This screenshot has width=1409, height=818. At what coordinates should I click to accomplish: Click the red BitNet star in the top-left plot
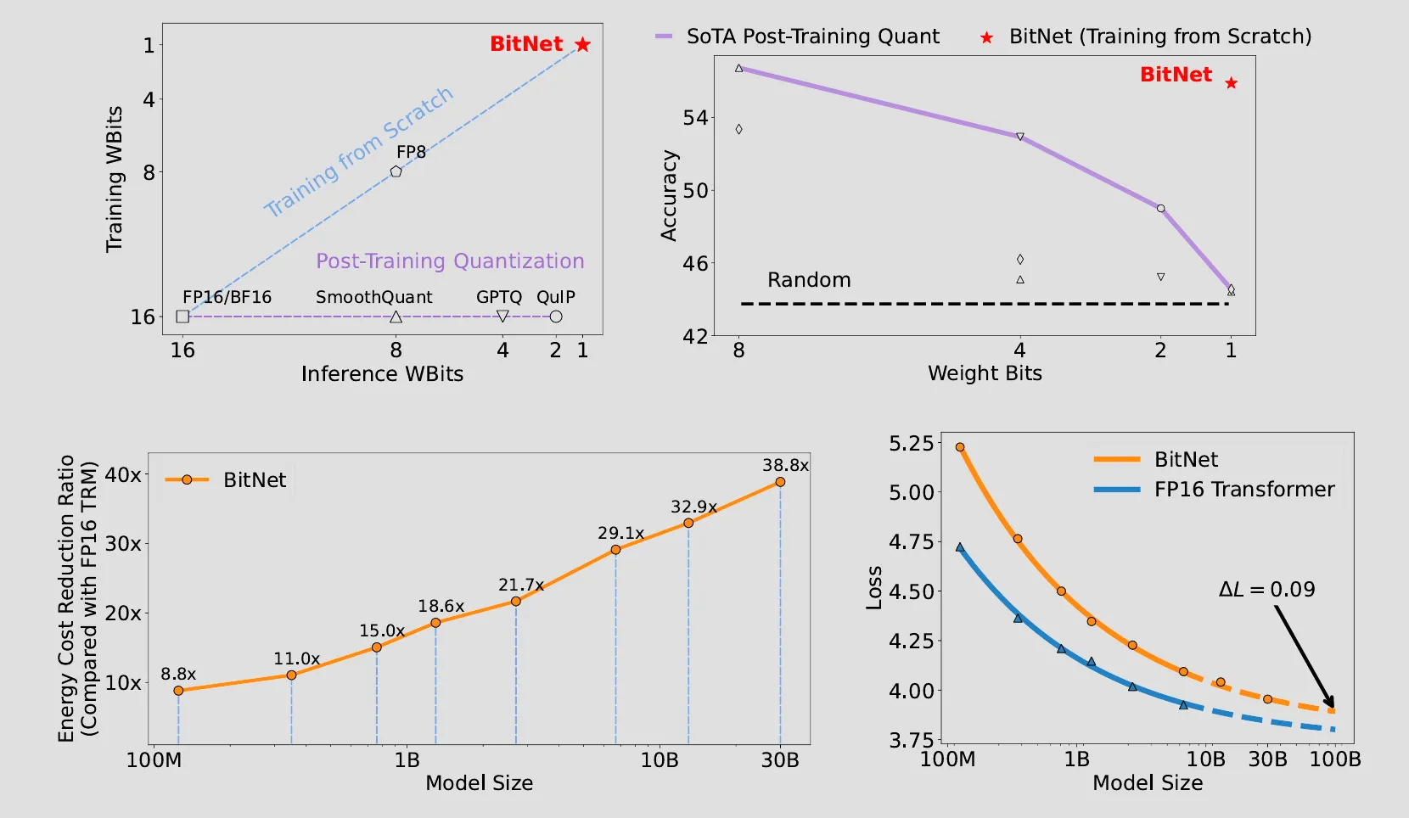[x=582, y=45]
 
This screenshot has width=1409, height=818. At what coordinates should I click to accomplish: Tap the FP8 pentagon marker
[x=396, y=171]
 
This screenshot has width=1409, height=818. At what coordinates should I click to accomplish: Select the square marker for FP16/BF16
[x=182, y=317]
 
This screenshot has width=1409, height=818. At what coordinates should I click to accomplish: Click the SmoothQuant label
[x=373, y=297]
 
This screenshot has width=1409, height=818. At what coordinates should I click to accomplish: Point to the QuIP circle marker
[x=556, y=317]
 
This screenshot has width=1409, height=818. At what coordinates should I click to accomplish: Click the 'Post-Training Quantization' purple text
[x=450, y=261]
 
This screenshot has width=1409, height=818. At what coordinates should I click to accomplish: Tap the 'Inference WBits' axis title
[x=382, y=374]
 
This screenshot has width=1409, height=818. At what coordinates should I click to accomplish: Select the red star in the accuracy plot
[x=1232, y=83]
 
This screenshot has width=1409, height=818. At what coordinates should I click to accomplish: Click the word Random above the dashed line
[x=809, y=280]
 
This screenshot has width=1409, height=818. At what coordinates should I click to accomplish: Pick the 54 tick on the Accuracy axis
[x=695, y=118]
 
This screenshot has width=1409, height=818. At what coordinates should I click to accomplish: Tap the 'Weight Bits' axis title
[x=985, y=373]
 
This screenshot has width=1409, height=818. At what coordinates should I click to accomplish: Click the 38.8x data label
[x=785, y=465]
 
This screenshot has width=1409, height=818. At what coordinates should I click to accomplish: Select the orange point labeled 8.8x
[x=178, y=691]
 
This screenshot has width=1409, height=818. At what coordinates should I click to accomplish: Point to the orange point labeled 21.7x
[x=516, y=602]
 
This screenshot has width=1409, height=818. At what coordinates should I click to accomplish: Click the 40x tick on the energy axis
[x=123, y=475]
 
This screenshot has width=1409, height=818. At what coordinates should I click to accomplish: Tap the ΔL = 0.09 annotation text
[x=1266, y=590]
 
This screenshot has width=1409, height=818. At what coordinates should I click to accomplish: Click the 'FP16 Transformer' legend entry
[x=1243, y=490]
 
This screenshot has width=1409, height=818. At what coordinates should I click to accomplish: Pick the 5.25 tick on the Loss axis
[x=911, y=444]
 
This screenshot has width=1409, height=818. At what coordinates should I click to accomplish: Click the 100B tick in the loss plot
[x=1334, y=759]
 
